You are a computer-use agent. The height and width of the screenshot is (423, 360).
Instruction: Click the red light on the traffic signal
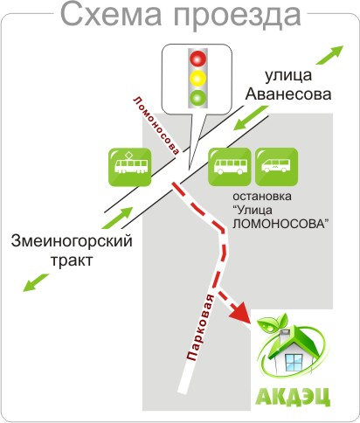click(198, 59)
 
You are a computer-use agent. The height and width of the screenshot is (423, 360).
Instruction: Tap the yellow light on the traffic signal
click(198, 78)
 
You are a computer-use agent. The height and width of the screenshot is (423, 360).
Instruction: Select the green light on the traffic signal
click(198, 98)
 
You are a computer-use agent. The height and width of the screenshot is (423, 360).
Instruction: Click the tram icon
click(130, 167)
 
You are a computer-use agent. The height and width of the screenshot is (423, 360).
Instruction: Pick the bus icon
click(230, 167)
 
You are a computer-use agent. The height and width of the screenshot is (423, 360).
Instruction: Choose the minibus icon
click(276, 167)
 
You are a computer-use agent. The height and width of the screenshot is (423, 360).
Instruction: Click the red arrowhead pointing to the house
click(240, 314)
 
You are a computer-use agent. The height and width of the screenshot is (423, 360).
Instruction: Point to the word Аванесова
click(288, 94)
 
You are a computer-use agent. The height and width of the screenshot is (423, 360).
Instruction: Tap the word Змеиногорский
click(72, 241)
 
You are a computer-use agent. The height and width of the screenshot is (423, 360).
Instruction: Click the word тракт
click(72, 260)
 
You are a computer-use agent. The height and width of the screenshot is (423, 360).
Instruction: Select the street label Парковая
click(201, 328)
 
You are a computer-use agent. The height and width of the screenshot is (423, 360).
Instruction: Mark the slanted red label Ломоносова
click(156, 125)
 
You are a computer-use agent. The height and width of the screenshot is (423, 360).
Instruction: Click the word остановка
click(262, 196)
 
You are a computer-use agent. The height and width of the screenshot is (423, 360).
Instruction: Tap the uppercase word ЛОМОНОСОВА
click(280, 224)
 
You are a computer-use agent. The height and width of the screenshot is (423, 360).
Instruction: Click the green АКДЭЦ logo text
click(293, 396)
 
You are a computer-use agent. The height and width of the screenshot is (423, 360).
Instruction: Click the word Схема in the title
click(111, 15)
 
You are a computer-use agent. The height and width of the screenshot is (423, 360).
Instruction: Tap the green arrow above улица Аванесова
click(330, 55)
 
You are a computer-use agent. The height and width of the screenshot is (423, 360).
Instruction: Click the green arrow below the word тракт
click(36, 282)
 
